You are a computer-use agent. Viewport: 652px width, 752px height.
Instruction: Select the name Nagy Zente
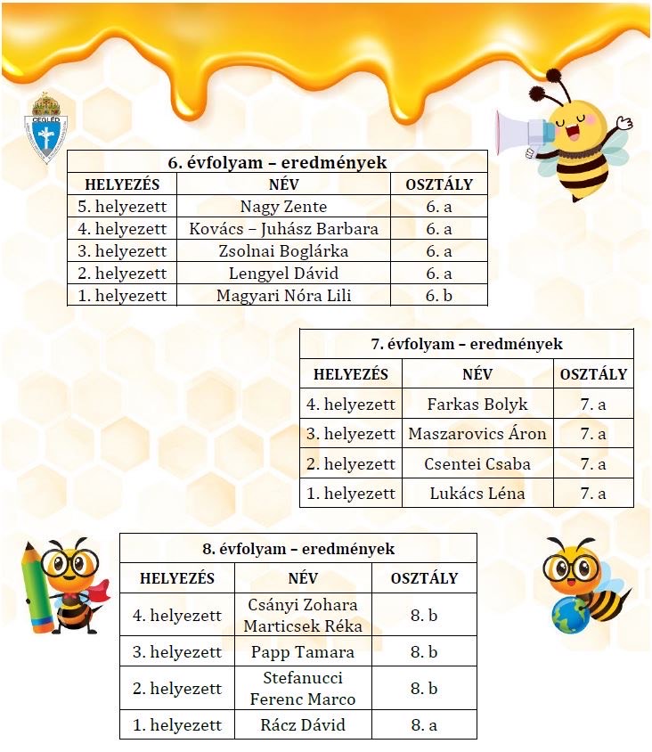tap(283, 207)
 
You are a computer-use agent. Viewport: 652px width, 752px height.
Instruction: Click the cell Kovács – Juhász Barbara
tap(283, 229)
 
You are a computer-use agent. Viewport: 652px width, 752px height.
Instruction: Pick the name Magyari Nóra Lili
tap(283, 295)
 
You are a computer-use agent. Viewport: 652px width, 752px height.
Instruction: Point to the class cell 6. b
tap(439, 295)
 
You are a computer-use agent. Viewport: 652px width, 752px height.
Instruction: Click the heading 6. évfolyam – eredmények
tap(277, 162)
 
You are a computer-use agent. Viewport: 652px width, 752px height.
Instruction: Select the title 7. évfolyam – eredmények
tap(466, 344)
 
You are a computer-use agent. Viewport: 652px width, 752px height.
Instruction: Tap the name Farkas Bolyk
tap(477, 405)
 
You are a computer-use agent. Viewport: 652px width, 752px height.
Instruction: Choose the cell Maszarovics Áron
tap(477, 434)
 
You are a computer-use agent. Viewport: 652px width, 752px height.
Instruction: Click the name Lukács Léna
tap(477, 493)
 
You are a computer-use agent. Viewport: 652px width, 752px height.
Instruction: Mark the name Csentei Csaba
tap(477, 463)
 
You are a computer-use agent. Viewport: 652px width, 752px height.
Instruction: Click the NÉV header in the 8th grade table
tap(303, 578)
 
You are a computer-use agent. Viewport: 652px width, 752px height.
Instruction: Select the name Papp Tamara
tap(303, 652)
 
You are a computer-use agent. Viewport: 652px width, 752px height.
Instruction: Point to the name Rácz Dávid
tap(303, 724)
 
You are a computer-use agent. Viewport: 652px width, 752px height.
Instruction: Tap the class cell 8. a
tap(424, 724)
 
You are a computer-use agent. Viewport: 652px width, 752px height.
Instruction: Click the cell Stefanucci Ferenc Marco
tap(303, 689)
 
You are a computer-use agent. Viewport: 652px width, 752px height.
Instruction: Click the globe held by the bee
tap(567, 617)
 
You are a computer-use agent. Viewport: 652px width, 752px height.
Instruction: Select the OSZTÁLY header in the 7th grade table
tap(593, 375)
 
